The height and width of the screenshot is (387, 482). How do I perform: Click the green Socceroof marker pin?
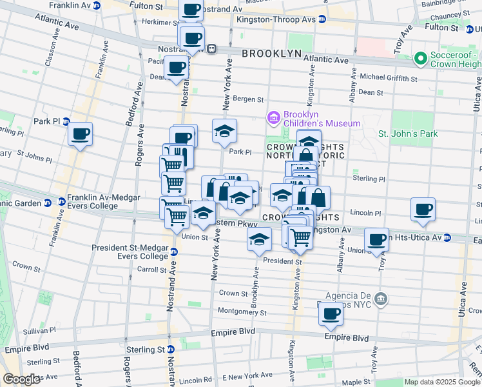click(421, 59)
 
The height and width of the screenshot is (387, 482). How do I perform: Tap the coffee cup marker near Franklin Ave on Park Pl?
click(81, 134)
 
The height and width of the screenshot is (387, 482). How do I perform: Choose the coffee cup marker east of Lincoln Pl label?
click(423, 209)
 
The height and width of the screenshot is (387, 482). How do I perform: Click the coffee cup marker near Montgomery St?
click(331, 314)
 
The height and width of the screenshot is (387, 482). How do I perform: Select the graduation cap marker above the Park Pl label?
click(224, 131)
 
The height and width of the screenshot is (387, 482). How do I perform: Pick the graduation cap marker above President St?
click(259, 239)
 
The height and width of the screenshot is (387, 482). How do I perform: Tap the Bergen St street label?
click(248, 99)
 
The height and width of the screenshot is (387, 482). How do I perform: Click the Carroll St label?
click(152, 269)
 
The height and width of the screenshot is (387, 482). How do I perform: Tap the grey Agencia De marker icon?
click(381, 299)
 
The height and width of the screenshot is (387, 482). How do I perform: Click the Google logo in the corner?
click(21, 379)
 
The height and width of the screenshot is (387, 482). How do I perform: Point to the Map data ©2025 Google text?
click(441, 382)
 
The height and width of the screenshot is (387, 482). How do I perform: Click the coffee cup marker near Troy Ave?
click(377, 240)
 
